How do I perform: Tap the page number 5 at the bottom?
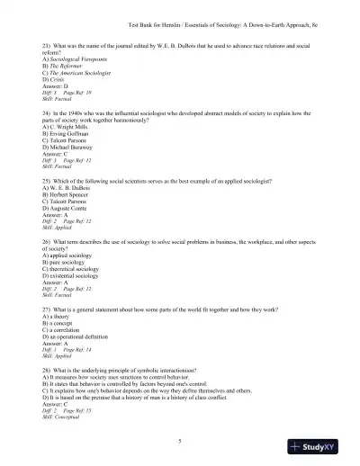click(x=180, y=439)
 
